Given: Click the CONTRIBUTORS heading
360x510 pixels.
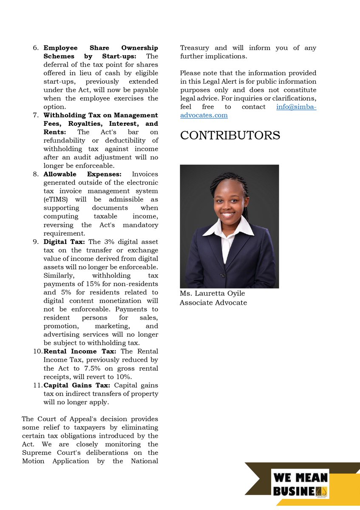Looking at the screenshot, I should pyautogui.click(x=230, y=136).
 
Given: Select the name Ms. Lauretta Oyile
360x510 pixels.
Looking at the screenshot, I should pyautogui.click(x=212, y=294).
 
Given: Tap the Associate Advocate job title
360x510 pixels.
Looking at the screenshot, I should pyautogui.click(x=213, y=303).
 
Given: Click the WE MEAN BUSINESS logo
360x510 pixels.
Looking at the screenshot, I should pyautogui.click(x=301, y=484).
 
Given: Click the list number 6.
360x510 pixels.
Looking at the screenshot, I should pyautogui.click(x=36, y=48).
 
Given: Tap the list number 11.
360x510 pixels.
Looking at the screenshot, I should pyautogui.click(x=37, y=385).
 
